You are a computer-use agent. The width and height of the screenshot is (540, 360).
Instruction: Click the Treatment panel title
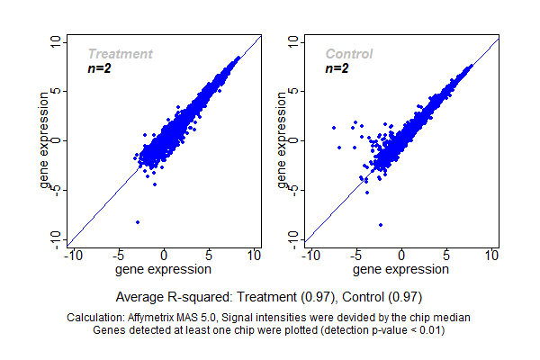[120, 54]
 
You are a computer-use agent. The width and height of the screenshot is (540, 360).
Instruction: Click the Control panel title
[348, 54]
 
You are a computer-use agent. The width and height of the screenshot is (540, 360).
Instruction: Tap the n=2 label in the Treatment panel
[99, 68]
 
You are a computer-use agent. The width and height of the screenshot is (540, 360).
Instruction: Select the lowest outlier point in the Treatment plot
[137, 221]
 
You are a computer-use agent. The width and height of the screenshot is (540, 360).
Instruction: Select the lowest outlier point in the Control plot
[381, 224]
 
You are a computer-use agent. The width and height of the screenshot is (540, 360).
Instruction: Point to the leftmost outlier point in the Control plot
[334, 128]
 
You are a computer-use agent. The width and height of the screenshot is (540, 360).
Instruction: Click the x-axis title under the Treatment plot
[164, 269]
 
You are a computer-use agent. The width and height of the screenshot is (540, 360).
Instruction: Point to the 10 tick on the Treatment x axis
[254, 256]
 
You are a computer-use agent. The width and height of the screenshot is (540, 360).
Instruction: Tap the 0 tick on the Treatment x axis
[164, 256]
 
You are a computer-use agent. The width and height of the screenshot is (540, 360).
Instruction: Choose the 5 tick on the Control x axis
[446, 256]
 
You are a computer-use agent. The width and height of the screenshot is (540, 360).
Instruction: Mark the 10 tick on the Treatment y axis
[56, 42]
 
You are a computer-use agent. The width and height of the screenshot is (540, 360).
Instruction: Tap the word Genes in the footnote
[110, 329]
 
